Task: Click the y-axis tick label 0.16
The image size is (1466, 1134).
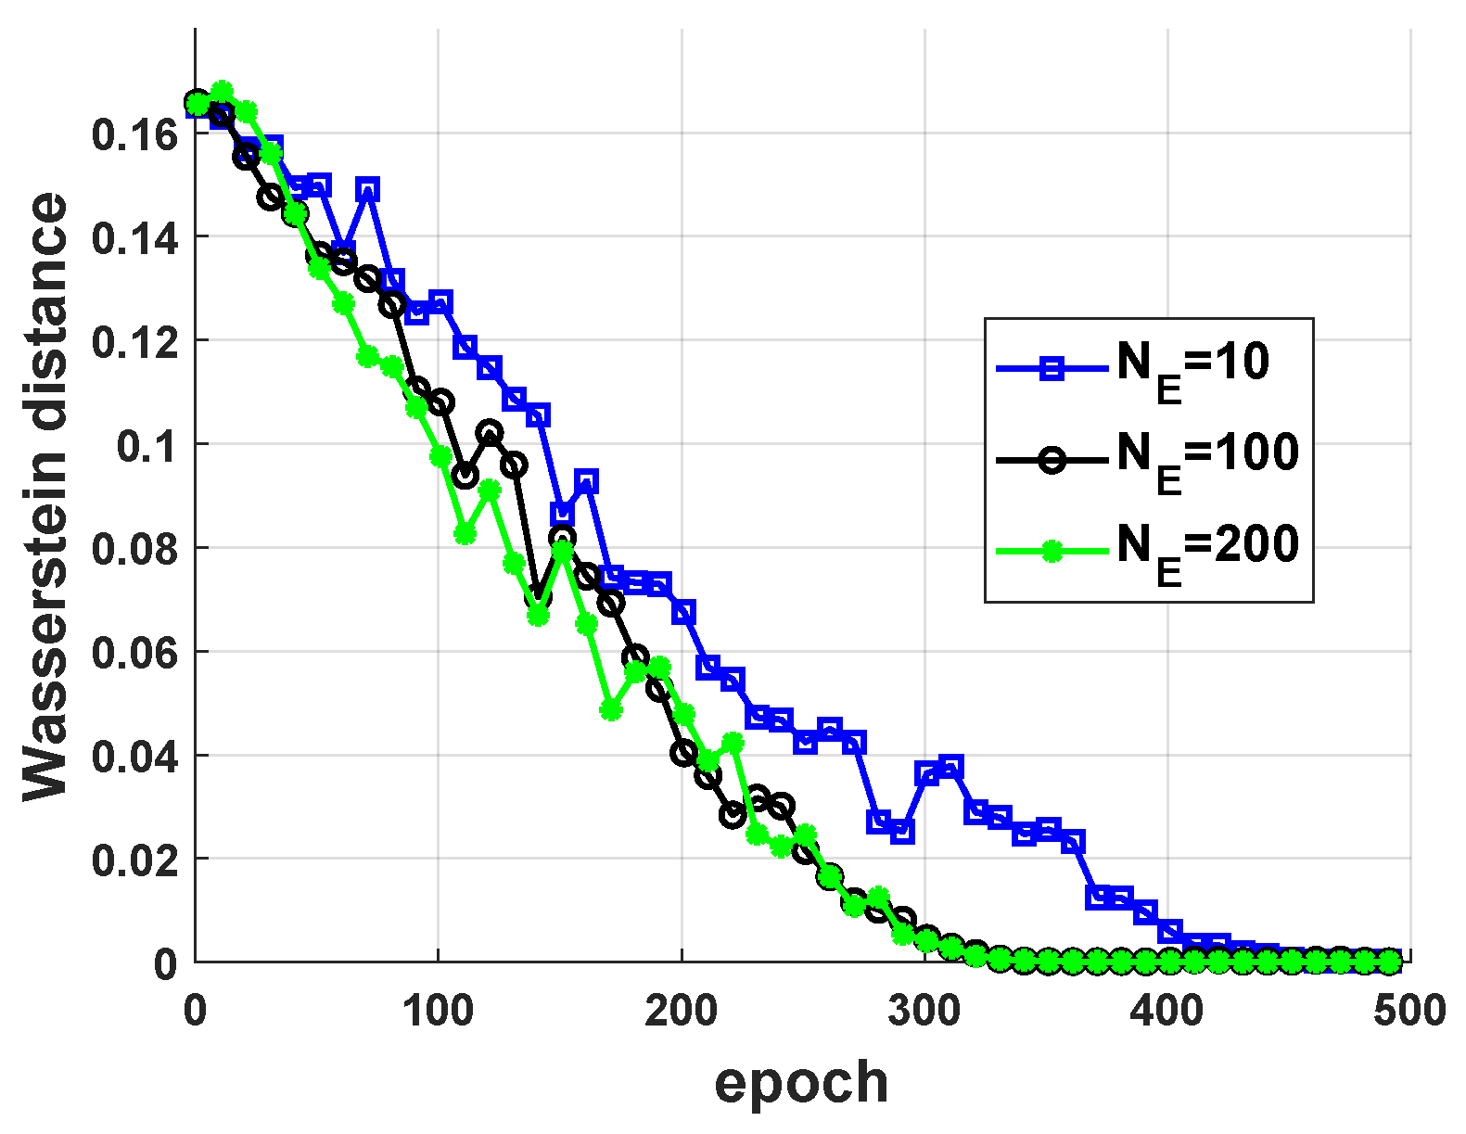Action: [134, 135]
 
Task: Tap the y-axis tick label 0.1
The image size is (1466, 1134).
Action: [147, 446]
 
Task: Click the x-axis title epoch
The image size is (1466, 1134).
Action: [801, 1082]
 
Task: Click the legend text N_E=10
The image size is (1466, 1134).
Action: [1192, 365]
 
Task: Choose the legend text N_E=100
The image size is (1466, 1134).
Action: [1207, 456]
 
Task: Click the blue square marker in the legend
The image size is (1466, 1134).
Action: [1051, 369]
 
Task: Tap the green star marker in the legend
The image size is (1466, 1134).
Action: [1051, 552]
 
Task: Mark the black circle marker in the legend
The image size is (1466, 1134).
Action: [1051, 460]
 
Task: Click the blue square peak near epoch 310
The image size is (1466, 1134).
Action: [950, 767]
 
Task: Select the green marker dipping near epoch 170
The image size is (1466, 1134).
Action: [610, 710]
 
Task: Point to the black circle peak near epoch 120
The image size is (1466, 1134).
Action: [490, 432]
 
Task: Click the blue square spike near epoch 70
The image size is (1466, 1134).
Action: [368, 189]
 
